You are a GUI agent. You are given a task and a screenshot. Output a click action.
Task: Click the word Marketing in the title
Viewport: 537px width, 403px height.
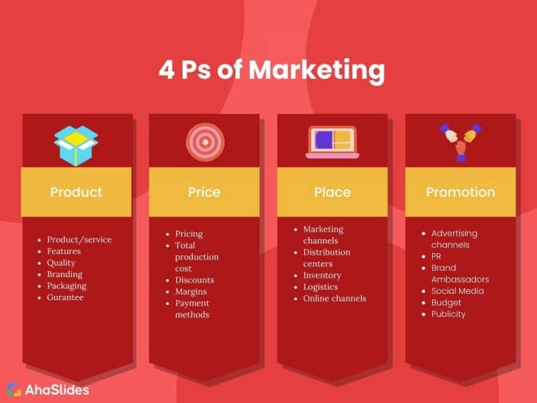[x=317, y=71]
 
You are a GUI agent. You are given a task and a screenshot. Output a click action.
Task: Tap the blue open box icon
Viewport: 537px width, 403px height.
[x=76, y=144]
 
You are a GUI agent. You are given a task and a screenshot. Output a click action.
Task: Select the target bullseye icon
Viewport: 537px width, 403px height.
[x=205, y=142]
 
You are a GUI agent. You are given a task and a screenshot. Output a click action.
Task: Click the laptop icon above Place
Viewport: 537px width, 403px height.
[x=332, y=142]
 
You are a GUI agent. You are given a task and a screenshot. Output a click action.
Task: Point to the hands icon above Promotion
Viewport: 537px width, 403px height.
[x=460, y=141]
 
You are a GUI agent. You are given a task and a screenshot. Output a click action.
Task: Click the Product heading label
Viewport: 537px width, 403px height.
[x=76, y=192]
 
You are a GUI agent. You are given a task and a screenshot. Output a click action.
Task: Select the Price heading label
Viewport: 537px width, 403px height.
[x=204, y=192]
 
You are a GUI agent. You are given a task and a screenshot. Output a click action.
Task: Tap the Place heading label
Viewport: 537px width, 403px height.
[x=332, y=192]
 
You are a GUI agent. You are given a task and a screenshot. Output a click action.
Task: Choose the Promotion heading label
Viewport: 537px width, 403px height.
[x=460, y=192]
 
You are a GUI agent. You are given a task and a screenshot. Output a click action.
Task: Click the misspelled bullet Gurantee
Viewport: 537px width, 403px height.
[x=65, y=297]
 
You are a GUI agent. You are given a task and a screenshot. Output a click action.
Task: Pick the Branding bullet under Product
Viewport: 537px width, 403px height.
[x=64, y=274]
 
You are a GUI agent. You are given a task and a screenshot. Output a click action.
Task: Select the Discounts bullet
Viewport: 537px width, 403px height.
[x=194, y=280]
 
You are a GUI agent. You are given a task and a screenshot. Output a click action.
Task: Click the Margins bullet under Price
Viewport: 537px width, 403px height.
[x=192, y=292]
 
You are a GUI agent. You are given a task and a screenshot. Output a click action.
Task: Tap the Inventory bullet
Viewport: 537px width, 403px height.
[x=322, y=275]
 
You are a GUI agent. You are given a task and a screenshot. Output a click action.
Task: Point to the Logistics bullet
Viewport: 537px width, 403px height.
[x=320, y=287]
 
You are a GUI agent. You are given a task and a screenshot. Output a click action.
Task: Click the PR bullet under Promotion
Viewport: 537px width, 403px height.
[x=436, y=256]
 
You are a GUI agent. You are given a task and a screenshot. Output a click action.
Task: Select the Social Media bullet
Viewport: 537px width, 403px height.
[x=457, y=291]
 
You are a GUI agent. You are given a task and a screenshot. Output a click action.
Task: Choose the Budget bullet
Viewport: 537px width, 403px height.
[x=446, y=302]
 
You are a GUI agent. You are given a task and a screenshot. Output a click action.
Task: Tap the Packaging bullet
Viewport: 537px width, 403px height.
[x=66, y=285]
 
